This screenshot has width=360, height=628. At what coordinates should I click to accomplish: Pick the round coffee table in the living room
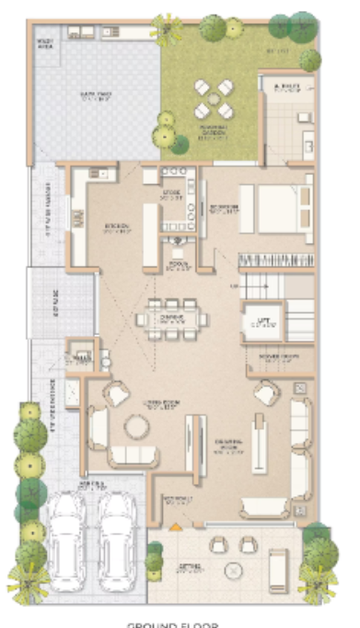[137, 427]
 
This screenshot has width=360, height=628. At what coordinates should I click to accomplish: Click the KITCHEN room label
[114, 226]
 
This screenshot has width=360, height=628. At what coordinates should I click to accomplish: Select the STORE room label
[171, 193]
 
